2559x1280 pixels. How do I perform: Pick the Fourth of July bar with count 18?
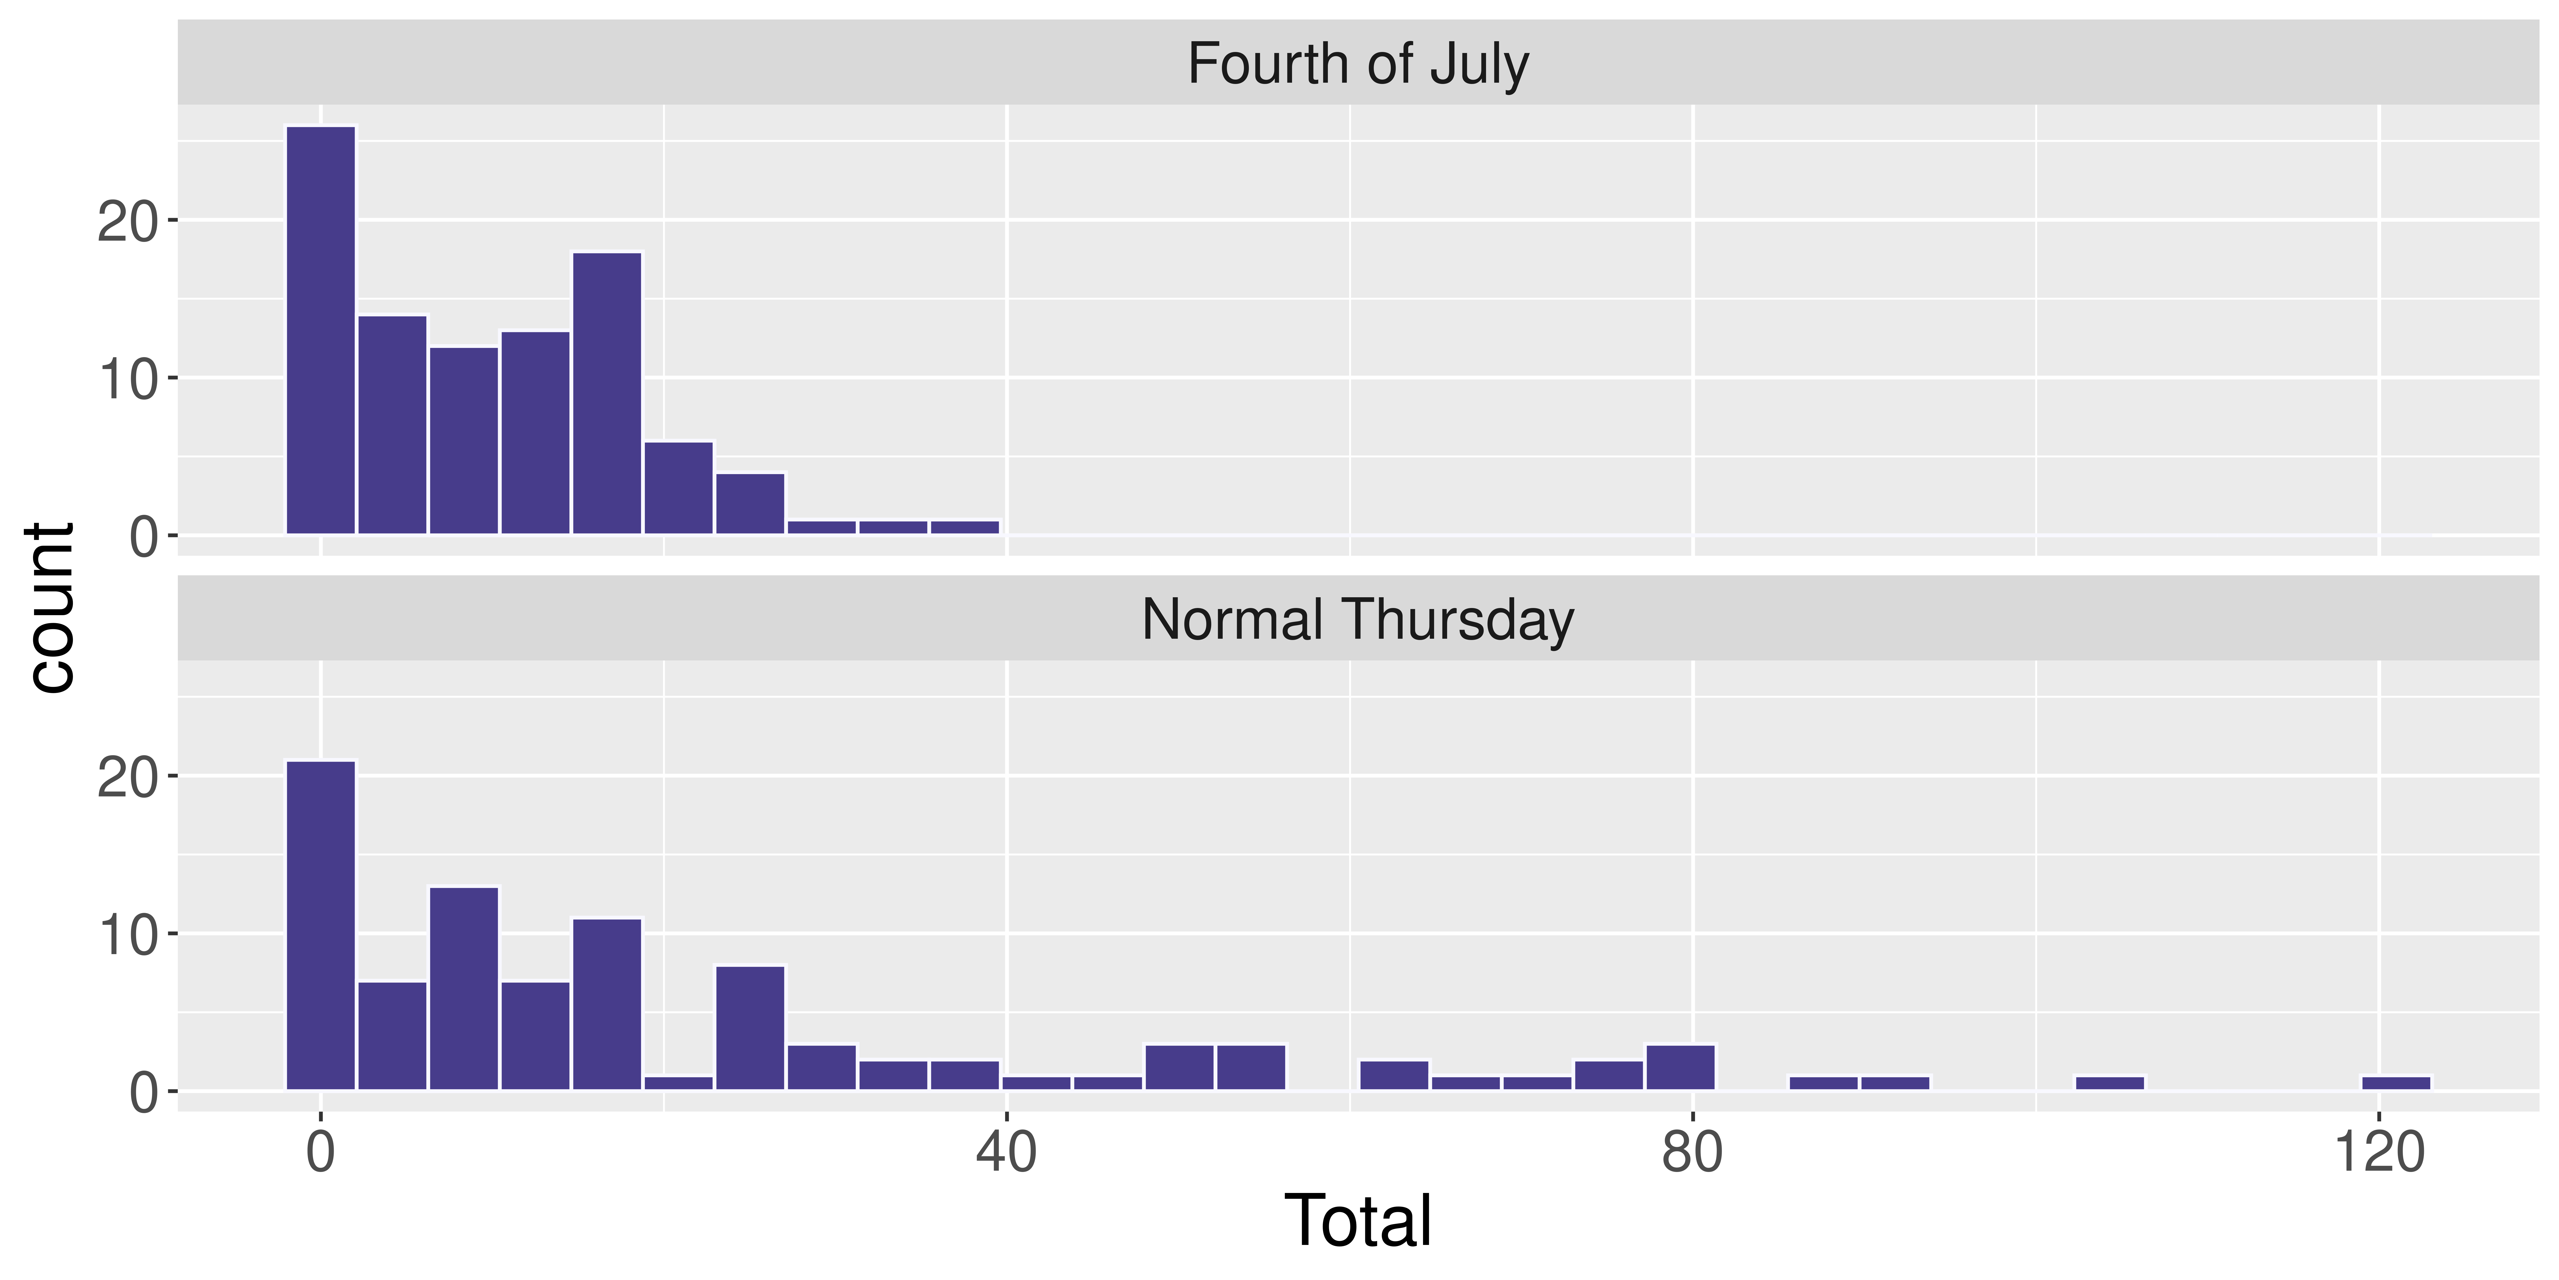607,393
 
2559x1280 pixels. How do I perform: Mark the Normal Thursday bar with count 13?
464,989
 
